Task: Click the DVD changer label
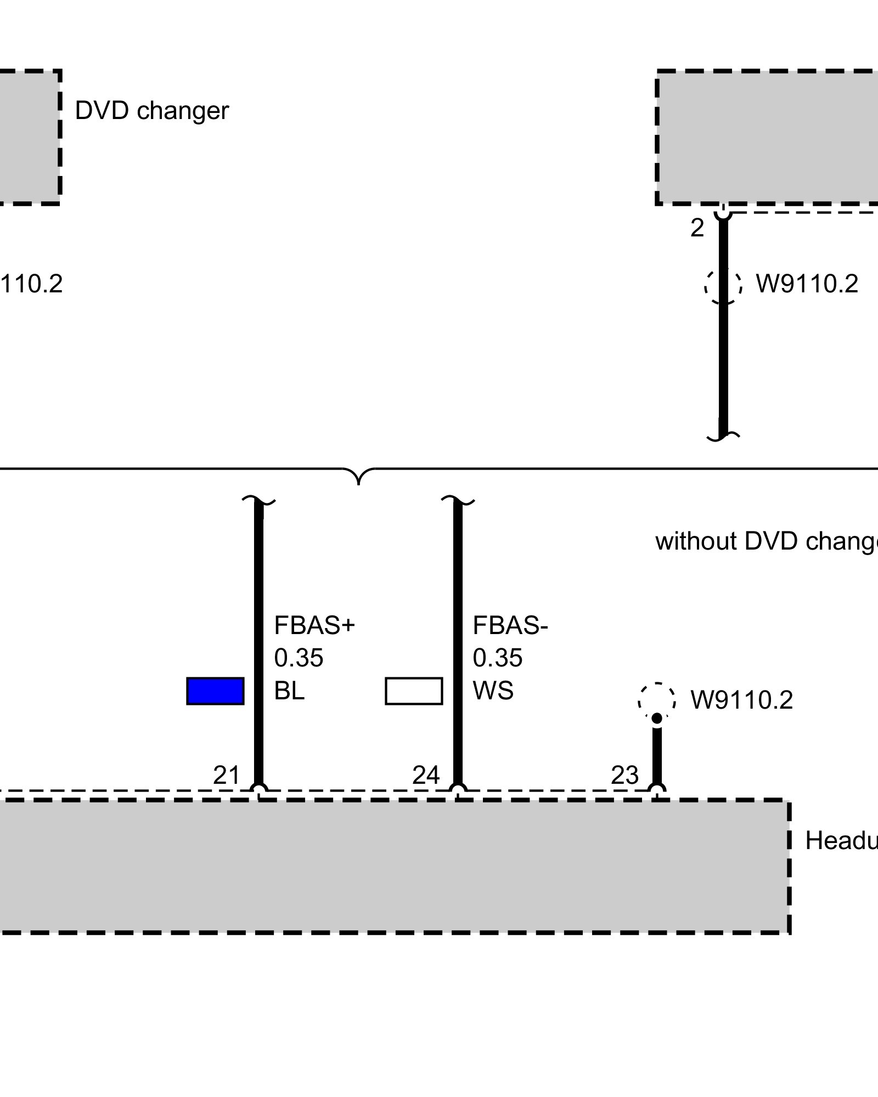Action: [x=151, y=111]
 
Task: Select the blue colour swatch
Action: [x=215, y=691]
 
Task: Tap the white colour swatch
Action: [x=414, y=691]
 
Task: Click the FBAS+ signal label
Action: [x=314, y=625]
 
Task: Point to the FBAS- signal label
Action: [x=510, y=625]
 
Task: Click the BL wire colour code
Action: [x=289, y=691]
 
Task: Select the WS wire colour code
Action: [x=493, y=691]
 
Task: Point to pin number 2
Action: [x=697, y=228]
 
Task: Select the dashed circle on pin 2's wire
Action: [x=723, y=285]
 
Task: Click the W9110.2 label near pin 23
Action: [x=741, y=700]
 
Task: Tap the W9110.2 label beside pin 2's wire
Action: [x=807, y=284]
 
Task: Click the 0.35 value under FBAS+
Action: [x=299, y=658]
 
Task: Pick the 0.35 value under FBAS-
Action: [x=497, y=658]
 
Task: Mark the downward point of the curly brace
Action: [x=358, y=483]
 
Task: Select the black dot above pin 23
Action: [x=657, y=718]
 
